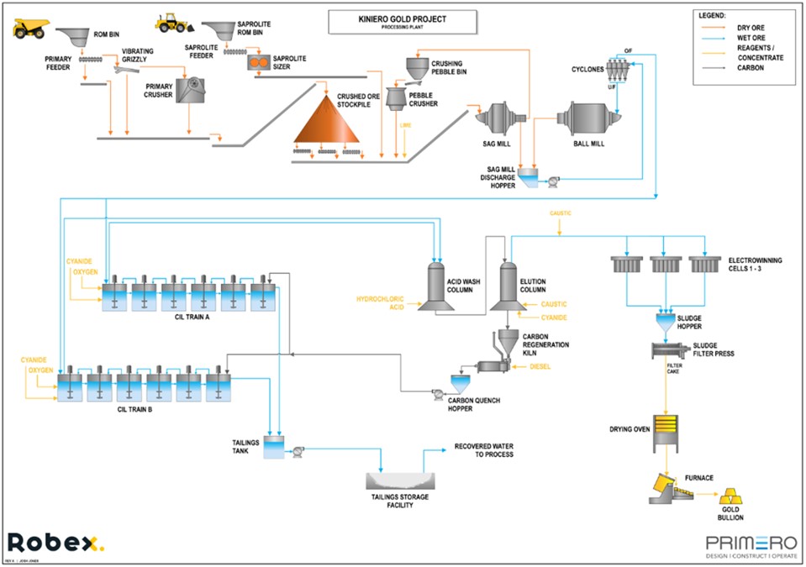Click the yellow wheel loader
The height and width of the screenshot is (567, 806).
173,22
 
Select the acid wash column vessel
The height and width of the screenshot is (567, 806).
437,285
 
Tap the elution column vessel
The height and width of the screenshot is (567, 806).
508,286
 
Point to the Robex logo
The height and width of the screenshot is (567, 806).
55,542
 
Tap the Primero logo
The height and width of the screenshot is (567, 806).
745,543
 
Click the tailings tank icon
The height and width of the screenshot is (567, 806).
274,448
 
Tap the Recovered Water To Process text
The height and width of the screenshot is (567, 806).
483,449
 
